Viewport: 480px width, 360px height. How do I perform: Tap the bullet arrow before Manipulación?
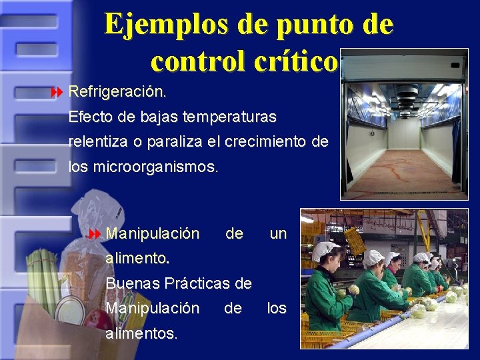[93, 234]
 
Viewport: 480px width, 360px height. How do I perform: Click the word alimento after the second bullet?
[136, 257]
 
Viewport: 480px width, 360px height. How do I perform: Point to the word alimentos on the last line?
[141, 333]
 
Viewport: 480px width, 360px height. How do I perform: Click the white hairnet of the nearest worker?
[325, 250]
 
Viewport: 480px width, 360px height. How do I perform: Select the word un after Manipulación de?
[277, 234]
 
